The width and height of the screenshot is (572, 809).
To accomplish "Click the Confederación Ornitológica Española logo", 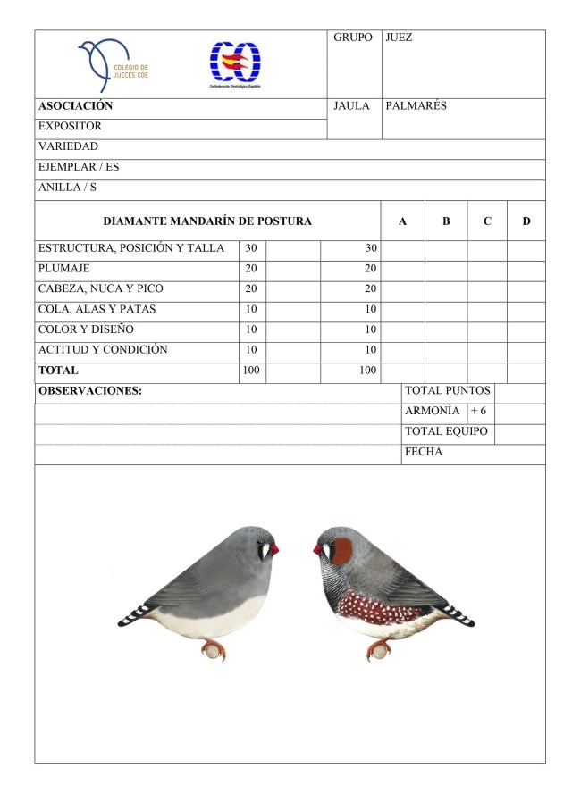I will (235, 65).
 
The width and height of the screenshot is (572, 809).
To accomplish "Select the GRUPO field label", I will (352, 38).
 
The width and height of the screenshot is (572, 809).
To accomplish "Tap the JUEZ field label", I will (399, 38).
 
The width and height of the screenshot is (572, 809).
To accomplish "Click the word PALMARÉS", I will (416, 106).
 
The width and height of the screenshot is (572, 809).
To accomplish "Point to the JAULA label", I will (351, 106).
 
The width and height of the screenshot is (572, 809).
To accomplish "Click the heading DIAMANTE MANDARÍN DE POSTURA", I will (207, 221).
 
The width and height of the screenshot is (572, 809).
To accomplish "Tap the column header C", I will (486, 221).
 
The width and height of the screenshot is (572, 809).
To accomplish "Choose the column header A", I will (403, 221).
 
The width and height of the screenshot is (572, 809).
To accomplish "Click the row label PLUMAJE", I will (63, 268).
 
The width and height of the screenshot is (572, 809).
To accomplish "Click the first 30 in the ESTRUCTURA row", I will (251, 247).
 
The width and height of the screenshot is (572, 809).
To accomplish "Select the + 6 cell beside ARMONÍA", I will (478, 411).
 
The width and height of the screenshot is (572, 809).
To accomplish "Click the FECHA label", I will (424, 452).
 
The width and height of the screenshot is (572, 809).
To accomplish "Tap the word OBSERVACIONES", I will (90, 391).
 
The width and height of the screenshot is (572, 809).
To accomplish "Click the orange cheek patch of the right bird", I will (341, 552).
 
